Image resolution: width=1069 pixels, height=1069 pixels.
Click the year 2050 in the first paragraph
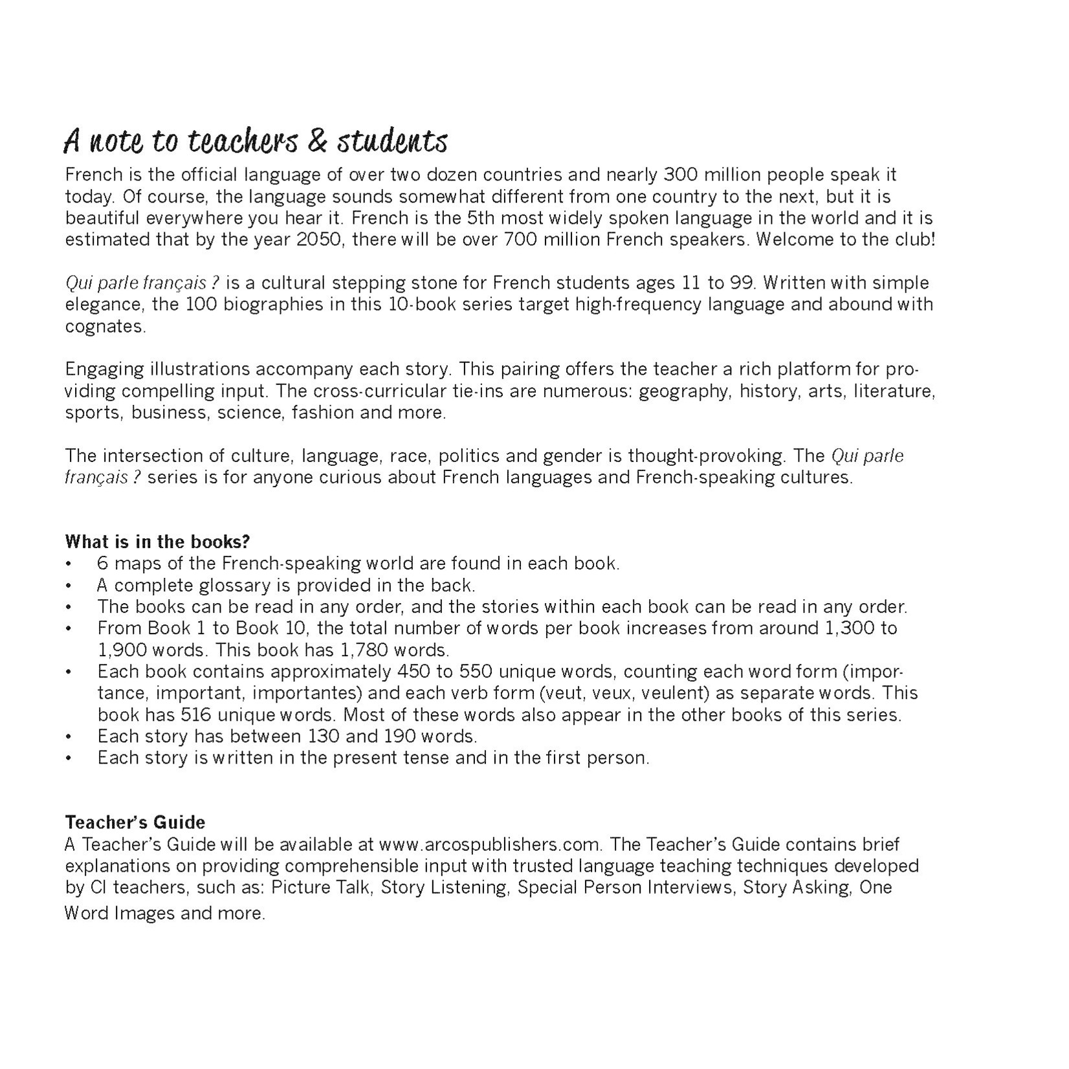315,239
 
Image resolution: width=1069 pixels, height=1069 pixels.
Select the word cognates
105,326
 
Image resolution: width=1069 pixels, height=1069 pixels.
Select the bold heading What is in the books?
157,541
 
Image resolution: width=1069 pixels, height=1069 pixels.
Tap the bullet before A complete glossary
69,586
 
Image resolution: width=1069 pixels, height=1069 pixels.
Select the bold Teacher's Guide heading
135,822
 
